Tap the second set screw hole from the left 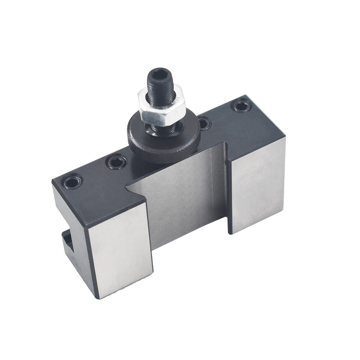[x=116, y=162]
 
